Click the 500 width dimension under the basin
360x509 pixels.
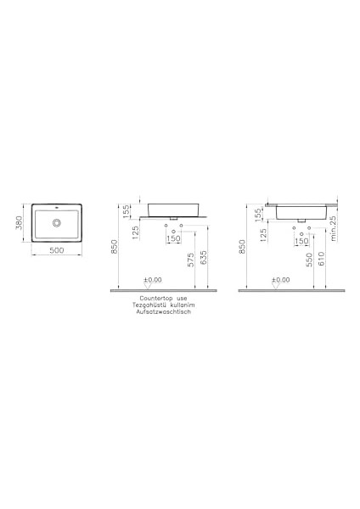tap(58, 251)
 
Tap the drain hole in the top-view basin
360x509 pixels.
tap(58, 222)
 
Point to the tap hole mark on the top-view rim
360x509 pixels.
tap(58, 208)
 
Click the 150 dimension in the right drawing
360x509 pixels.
tap(301, 241)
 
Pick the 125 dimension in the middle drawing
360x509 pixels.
tap(136, 231)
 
